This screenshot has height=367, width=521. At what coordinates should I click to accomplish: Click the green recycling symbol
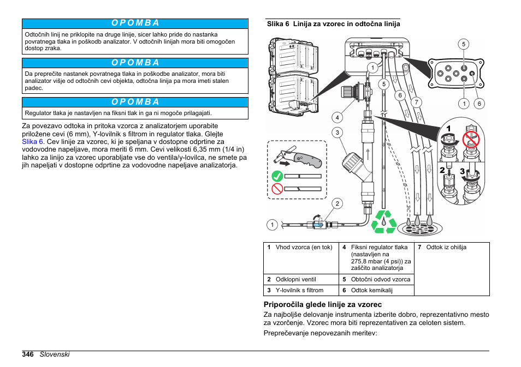pos(384,222)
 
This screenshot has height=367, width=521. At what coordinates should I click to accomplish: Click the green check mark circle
pos(277,176)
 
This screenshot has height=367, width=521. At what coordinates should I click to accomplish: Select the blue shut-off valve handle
pos(317,224)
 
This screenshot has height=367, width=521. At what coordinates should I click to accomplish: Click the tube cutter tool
pos(298,158)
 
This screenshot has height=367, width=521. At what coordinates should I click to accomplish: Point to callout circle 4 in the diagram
pos(338,117)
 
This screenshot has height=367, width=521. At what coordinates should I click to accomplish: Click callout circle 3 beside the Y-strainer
pos(338,133)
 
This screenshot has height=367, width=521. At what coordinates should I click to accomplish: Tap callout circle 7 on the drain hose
pos(416,102)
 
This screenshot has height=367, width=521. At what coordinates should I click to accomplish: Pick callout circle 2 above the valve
pos(338,204)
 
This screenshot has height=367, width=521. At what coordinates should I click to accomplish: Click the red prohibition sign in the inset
pos(470,139)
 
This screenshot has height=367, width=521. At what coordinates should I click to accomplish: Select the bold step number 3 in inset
pos(462,172)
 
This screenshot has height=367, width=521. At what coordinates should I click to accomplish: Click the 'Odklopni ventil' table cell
pos(300,279)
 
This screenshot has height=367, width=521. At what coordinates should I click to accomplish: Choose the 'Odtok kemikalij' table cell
pos(375,290)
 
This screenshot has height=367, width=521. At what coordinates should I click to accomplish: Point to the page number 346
pos(28,354)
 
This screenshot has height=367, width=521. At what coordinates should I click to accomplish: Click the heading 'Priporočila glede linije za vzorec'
pos(322,304)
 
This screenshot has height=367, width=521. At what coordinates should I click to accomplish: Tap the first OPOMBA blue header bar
pos(135,23)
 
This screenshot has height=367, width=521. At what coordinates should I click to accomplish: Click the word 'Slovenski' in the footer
pos(54,354)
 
